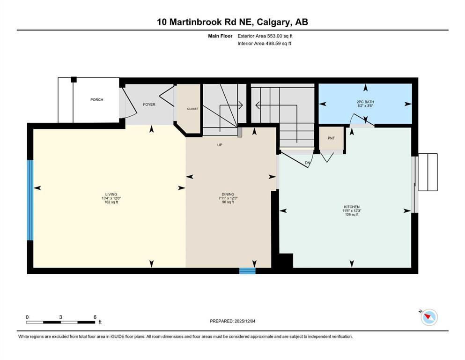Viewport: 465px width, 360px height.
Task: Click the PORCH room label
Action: click(x=97, y=100)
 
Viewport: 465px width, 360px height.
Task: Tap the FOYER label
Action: click(x=149, y=105)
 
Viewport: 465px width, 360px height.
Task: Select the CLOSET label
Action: click(x=192, y=109)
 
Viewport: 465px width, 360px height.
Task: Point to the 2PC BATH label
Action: click(x=365, y=102)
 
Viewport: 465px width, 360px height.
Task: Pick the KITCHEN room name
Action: click(x=351, y=207)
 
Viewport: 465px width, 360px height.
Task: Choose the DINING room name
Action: click(x=228, y=195)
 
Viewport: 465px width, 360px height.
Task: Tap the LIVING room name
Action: click(x=111, y=195)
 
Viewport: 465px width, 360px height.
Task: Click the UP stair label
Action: click(x=220, y=145)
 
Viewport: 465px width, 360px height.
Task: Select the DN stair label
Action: click(x=307, y=163)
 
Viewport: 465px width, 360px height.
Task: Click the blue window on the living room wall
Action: click(x=30, y=200)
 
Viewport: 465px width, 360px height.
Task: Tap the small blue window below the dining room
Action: click(x=247, y=270)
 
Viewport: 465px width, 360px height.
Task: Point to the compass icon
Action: click(x=429, y=317)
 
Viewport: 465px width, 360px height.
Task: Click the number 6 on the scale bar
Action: click(x=95, y=317)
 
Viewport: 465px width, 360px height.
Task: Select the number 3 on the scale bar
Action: click(x=61, y=317)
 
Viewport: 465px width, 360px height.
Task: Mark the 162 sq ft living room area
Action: click(x=111, y=202)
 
